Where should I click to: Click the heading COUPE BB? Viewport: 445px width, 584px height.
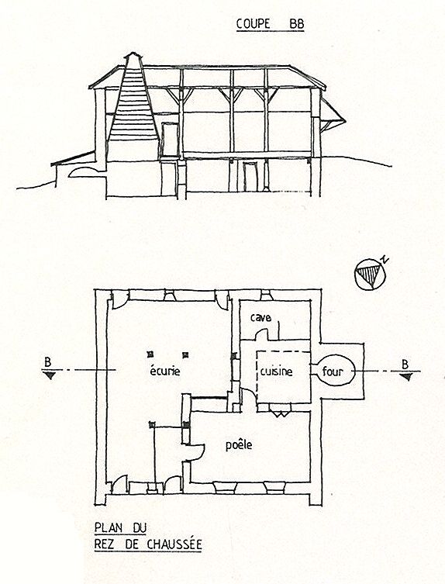[x=270, y=24]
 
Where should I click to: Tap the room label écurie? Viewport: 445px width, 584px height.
[x=165, y=371]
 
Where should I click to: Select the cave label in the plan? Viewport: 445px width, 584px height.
[x=260, y=318]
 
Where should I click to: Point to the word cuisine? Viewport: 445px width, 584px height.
[x=276, y=371]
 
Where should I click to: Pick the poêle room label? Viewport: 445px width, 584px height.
[x=239, y=444]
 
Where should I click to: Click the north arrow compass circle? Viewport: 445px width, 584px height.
[x=371, y=274]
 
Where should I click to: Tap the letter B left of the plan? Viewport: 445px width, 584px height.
[x=47, y=361]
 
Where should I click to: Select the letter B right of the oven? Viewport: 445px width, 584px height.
[x=405, y=364]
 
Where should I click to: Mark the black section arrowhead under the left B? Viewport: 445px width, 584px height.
[x=50, y=375]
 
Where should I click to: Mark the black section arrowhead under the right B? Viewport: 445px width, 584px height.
[x=407, y=377]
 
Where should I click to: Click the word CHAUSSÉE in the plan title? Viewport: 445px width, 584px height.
[x=174, y=544]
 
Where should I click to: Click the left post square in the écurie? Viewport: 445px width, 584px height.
[x=150, y=354]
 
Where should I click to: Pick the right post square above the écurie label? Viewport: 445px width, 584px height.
[x=185, y=354]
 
